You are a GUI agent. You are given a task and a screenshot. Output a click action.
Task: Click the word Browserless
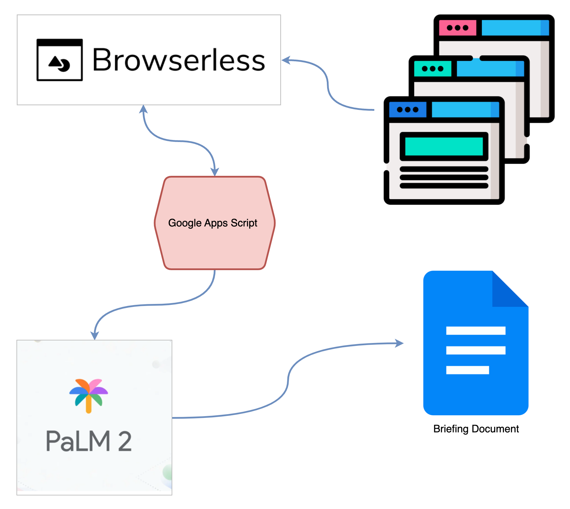click(x=179, y=60)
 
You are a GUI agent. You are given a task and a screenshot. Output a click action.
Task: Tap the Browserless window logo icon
click(x=60, y=60)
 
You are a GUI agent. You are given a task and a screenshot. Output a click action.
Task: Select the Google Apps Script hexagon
click(x=215, y=240)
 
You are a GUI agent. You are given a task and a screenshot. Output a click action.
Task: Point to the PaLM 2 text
click(x=89, y=441)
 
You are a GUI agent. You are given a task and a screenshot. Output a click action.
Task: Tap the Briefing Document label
click(x=476, y=429)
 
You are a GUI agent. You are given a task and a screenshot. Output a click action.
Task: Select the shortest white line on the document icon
click(x=467, y=370)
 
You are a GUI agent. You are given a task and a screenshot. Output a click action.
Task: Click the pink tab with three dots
click(x=457, y=28)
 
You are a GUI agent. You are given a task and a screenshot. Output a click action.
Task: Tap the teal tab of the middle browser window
click(x=432, y=69)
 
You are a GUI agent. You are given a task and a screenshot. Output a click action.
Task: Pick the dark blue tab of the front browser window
click(x=408, y=110)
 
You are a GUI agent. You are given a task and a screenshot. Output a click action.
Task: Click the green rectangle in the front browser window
click(x=444, y=146)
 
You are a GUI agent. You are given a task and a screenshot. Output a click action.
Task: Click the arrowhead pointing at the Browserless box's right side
click(x=286, y=60)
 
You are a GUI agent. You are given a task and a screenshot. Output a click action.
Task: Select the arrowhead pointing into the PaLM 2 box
click(x=95, y=335)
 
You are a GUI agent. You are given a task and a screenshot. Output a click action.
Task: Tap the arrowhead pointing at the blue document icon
click(x=400, y=343)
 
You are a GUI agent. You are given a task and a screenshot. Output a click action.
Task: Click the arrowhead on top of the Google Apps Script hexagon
click(x=215, y=172)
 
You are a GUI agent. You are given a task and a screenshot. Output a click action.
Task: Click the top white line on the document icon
click(x=476, y=331)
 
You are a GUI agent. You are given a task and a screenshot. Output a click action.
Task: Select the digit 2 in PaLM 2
click(x=125, y=441)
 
